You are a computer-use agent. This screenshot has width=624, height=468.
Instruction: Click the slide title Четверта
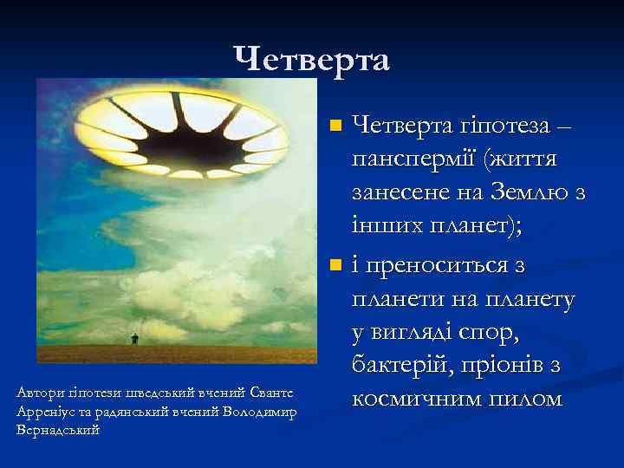(x=312, y=59)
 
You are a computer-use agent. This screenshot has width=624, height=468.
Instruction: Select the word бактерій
(x=399, y=367)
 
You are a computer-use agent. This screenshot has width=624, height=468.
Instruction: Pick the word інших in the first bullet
(x=381, y=229)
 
